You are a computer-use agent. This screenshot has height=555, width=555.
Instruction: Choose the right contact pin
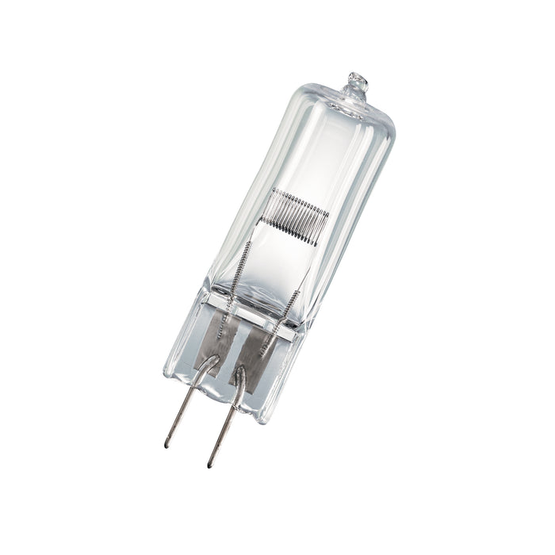(225, 424)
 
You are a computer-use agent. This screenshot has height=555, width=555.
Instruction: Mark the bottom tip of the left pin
(167, 444)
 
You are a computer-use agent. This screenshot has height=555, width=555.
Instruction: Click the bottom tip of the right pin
(210, 465)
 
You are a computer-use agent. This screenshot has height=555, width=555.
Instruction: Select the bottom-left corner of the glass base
(166, 373)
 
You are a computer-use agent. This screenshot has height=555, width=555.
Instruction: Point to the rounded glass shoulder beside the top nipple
(381, 115)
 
